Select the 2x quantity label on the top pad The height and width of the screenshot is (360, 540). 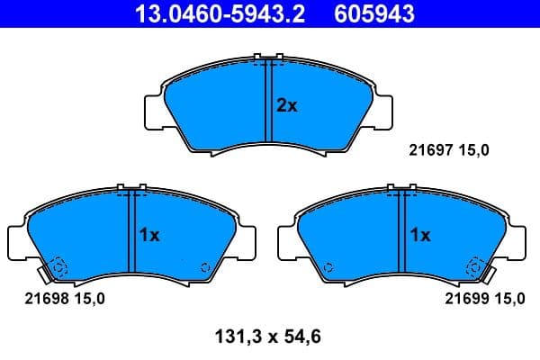[286, 105]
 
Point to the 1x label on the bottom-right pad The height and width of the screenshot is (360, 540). [420, 236]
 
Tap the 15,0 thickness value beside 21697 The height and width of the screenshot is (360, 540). [472, 151]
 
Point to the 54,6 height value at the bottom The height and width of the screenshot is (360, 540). [301, 338]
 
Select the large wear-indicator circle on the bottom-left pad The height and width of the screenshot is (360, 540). [57, 267]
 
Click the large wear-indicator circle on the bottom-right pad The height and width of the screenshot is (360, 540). [472, 266]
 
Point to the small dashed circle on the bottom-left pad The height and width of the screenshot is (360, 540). [204, 266]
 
